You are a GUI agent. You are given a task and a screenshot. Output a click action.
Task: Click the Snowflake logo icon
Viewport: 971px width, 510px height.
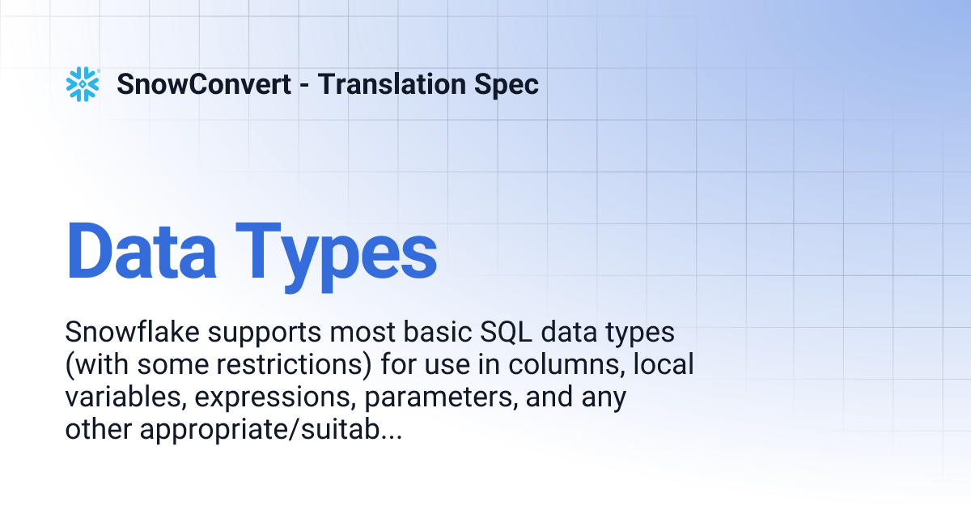click(83, 84)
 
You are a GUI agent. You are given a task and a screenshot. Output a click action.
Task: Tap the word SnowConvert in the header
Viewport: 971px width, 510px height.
click(204, 84)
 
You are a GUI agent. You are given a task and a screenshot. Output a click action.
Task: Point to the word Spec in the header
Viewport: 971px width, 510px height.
click(507, 84)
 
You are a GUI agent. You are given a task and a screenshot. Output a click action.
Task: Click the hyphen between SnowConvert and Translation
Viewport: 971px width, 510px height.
click(304, 85)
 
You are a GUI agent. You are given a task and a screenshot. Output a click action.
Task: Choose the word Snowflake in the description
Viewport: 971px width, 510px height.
click(129, 332)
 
